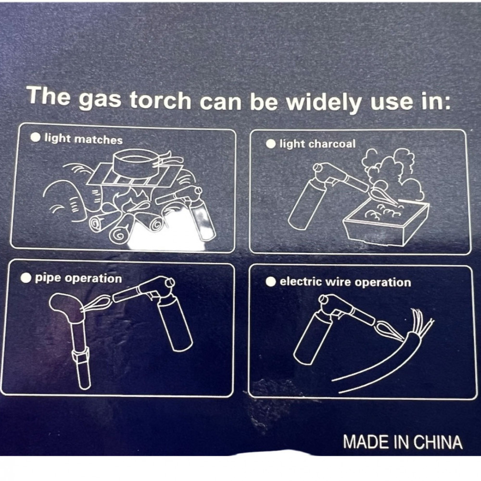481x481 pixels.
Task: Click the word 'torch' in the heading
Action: (x=161, y=100)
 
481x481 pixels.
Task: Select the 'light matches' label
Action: (x=83, y=139)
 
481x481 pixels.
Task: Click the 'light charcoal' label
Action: (x=317, y=144)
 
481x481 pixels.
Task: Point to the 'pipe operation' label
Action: (x=78, y=278)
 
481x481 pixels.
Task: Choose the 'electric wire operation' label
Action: (x=345, y=282)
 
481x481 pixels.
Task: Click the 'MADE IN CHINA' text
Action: (x=403, y=442)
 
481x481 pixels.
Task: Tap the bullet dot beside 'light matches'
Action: (x=36, y=137)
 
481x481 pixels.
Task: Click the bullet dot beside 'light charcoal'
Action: (x=270, y=143)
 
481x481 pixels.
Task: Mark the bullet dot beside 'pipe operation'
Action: (x=26, y=278)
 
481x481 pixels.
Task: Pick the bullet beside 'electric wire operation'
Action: (x=270, y=281)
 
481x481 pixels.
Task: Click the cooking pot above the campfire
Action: (x=137, y=163)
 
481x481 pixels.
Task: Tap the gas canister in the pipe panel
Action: (x=175, y=326)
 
